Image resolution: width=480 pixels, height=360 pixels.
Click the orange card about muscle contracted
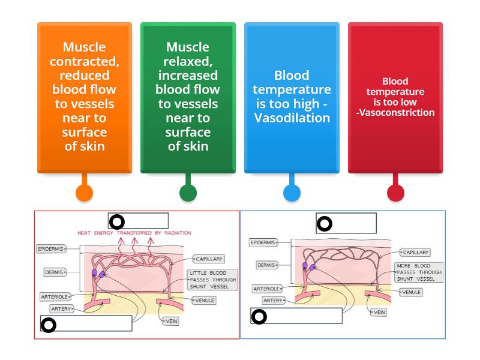coord(84,97)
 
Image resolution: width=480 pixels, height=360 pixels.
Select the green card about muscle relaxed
coord(188,97)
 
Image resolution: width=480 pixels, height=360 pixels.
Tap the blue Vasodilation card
coord(292,97)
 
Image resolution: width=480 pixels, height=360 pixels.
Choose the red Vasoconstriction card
coord(395,97)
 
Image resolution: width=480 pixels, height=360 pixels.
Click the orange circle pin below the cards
coord(84,193)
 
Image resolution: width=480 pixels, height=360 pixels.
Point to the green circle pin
coord(188,193)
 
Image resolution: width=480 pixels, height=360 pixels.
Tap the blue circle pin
coord(292,193)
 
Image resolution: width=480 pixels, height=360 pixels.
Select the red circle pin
coord(395,193)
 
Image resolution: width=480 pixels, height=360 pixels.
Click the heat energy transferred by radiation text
coord(134,232)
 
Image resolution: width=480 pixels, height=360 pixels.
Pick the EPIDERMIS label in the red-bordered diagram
coord(51,248)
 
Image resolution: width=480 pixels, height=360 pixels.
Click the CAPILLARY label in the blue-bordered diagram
coord(415,253)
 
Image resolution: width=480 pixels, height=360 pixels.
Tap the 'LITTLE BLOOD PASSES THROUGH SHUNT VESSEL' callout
coord(212,280)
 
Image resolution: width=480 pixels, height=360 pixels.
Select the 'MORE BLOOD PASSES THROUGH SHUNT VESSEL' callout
coord(419,272)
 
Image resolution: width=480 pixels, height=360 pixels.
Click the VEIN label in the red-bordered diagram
coord(171,322)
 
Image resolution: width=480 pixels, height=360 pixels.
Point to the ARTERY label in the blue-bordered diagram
coord(272,300)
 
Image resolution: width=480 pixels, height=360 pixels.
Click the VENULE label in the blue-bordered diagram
coord(411,292)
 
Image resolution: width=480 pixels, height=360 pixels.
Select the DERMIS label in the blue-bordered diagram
coord(266,265)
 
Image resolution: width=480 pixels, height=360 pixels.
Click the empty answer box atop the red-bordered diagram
coord(138,221)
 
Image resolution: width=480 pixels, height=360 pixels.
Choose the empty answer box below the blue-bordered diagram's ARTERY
coord(296,316)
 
